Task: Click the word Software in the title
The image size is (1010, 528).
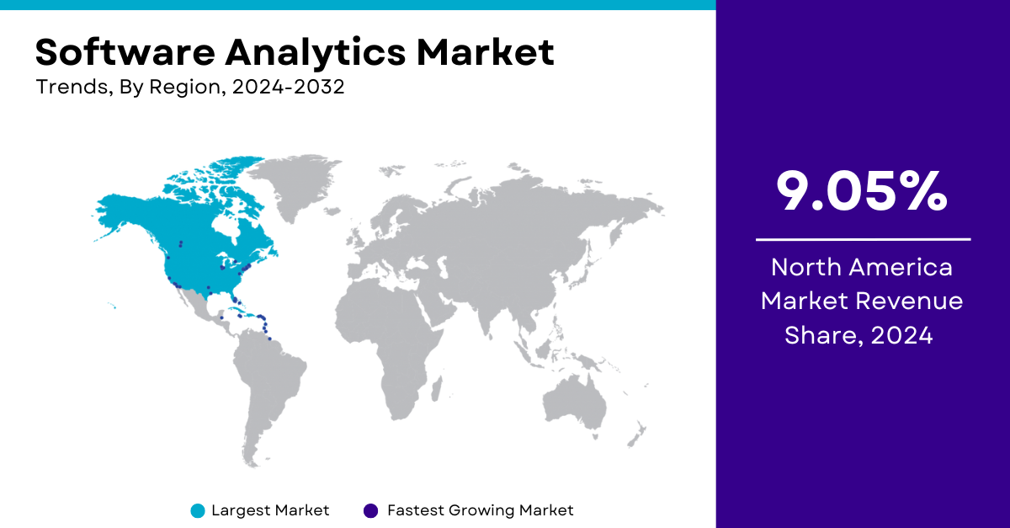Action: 125,52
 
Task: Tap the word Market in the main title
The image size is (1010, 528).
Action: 485,52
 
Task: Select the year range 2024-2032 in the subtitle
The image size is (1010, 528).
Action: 288,87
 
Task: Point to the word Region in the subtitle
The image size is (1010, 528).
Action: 184,88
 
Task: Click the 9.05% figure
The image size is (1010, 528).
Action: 862,191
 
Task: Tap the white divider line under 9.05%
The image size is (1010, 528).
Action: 863,240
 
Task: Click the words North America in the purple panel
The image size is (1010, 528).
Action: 862,267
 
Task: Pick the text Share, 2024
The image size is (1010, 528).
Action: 858,336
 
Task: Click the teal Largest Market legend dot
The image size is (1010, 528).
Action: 198,511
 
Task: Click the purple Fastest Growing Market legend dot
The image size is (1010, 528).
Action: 370,511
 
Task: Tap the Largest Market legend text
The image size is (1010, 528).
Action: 270,510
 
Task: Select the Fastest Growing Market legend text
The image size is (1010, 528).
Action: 481,510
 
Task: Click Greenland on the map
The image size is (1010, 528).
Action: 298,185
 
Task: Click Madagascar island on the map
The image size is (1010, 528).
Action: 437,389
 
